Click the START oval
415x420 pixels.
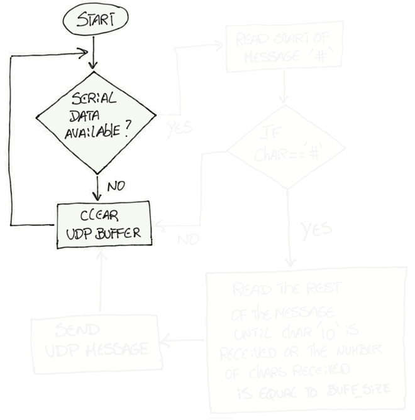92,21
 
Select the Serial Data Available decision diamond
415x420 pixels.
95,119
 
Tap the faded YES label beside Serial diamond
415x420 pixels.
179,129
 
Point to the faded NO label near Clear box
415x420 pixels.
188,240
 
